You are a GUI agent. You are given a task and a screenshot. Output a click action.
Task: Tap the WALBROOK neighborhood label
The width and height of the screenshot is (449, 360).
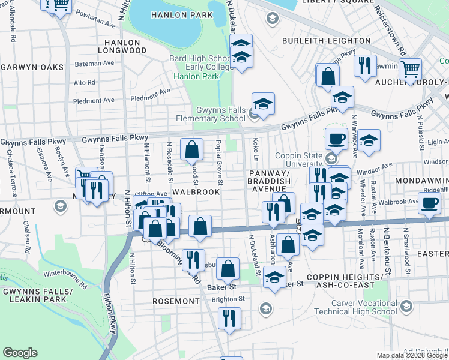pyautogui.click(x=195, y=191)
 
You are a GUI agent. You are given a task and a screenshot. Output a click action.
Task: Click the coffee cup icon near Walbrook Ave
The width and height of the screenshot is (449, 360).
pyautogui.click(x=429, y=203)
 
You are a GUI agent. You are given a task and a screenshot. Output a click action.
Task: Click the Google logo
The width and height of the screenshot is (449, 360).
pyautogui.click(x=20, y=353)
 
